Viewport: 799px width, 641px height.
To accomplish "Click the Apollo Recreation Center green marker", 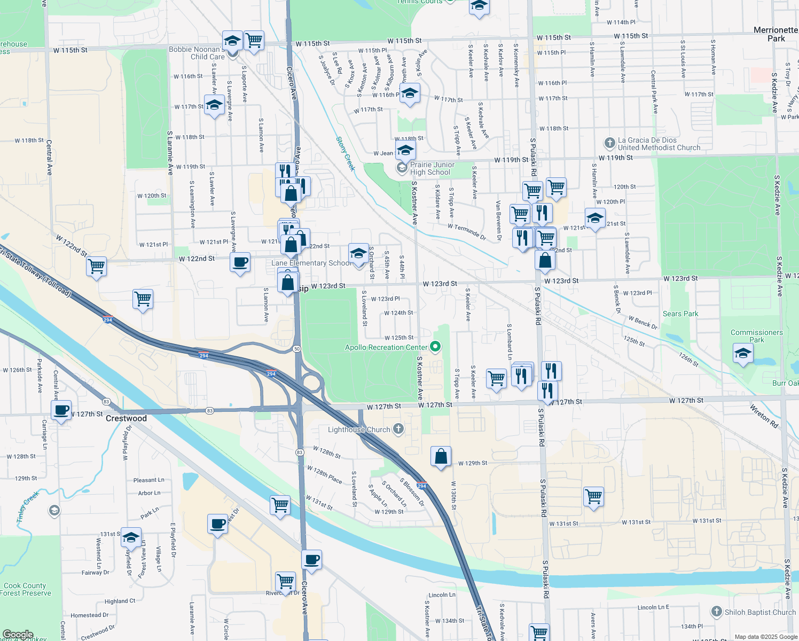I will (435, 347).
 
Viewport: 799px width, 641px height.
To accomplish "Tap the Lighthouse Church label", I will (359, 429).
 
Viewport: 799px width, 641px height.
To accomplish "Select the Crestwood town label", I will (126, 418).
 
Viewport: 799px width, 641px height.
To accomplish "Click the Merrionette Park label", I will (775, 34).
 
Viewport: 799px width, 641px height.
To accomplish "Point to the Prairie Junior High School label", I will (432, 169).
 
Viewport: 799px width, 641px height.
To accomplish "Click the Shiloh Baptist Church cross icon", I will (716, 612).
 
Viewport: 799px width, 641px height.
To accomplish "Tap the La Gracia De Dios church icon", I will (609, 143).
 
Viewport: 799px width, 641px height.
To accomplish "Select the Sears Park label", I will (680, 314).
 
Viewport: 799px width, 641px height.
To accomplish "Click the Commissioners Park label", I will (756, 336).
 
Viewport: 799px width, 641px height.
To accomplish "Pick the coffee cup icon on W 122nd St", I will (240, 262).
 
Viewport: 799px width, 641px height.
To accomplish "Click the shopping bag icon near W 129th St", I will (441, 457).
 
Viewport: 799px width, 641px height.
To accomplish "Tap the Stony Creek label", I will (345, 153).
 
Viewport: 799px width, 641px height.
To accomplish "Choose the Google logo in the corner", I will (18, 635).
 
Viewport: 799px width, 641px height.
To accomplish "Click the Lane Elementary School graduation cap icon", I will (358, 253).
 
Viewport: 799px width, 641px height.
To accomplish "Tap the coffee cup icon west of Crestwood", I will (61, 410).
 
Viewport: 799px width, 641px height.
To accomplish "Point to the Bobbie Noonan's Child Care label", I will (197, 53).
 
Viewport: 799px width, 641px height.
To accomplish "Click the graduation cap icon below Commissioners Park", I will (743, 353).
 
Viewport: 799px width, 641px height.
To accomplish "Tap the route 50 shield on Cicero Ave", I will (296, 349).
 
